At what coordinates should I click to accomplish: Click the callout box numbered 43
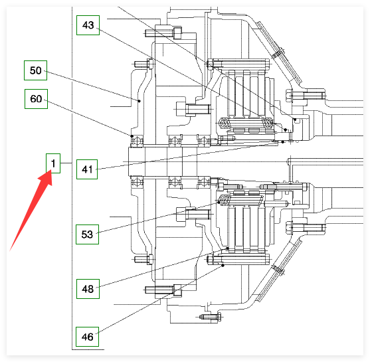point(88,25)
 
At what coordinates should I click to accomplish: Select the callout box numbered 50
point(36,70)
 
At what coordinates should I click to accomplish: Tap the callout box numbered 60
point(36,99)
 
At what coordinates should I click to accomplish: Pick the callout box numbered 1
point(53,163)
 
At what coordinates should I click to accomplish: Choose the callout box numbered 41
point(87,169)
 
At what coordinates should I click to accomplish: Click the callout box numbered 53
point(87,234)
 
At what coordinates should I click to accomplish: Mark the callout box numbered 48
point(88,289)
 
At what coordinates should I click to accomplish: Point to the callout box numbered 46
point(87,337)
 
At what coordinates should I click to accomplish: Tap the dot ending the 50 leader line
point(139,101)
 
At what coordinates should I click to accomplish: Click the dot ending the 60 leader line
point(132,136)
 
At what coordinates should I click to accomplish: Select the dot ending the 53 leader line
point(219,203)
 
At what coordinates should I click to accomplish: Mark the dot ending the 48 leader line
point(227,248)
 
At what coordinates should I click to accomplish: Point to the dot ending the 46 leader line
point(223,266)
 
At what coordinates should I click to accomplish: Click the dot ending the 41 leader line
point(283,142)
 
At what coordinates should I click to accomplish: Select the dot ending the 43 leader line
point(286,130)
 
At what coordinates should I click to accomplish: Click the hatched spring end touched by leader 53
point(224,200)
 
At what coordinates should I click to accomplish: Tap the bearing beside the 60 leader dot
point(137,141)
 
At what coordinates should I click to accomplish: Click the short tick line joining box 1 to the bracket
point(66,163)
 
